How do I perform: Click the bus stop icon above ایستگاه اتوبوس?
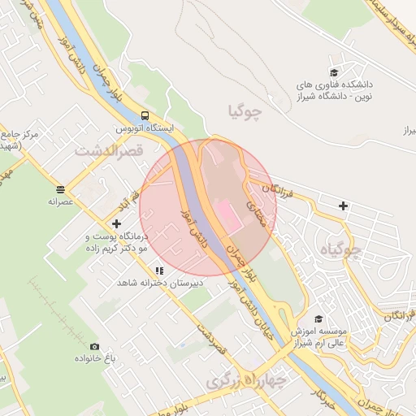click(144, 115)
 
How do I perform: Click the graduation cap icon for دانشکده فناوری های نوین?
click(334, 71)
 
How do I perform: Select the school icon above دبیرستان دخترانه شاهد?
click(160, 271)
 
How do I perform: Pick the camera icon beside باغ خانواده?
click(94, 347)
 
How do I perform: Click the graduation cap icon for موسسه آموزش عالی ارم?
click(318, 319)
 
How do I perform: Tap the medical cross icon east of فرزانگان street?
click(344, 206)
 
